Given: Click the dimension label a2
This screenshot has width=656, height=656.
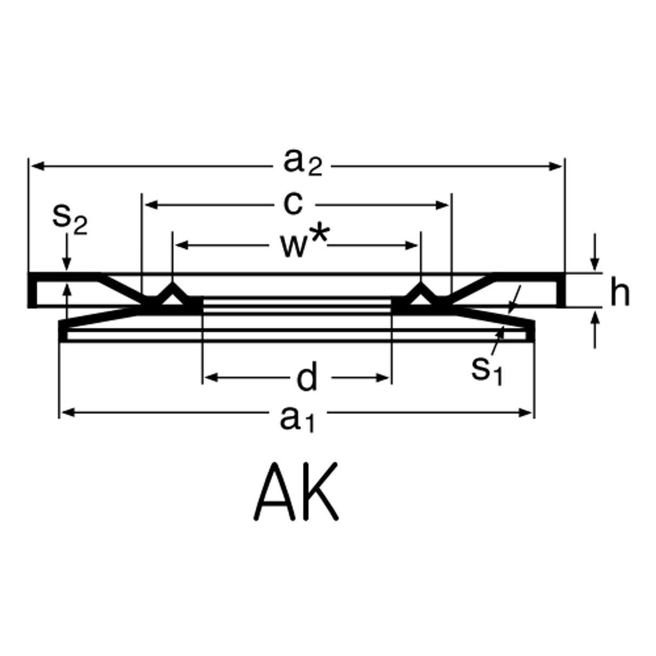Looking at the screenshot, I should point(302,163).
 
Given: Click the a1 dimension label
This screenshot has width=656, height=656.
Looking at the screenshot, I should point(296,418).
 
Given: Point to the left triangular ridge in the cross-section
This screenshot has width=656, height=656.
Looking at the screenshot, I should point(172,294).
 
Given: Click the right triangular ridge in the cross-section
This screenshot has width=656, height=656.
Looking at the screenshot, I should point(421,294).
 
